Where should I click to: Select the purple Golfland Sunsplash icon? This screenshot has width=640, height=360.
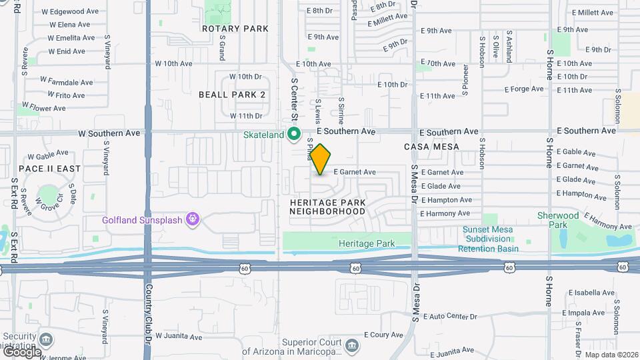coord(193,218)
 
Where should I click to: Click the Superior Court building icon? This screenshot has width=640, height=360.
coord(351,345)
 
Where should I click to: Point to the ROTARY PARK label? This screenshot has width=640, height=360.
coord(235,29)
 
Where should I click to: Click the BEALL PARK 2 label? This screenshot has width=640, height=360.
coord(232,95)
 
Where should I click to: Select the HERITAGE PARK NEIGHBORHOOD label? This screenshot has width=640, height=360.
coord(327,206)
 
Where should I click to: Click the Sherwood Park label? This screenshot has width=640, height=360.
coord(558,220)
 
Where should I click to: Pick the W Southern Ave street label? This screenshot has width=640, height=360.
coord(109,133)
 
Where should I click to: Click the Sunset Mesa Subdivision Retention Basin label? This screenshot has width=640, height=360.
coord(491,239)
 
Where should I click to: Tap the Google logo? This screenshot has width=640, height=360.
coord(21,352)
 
